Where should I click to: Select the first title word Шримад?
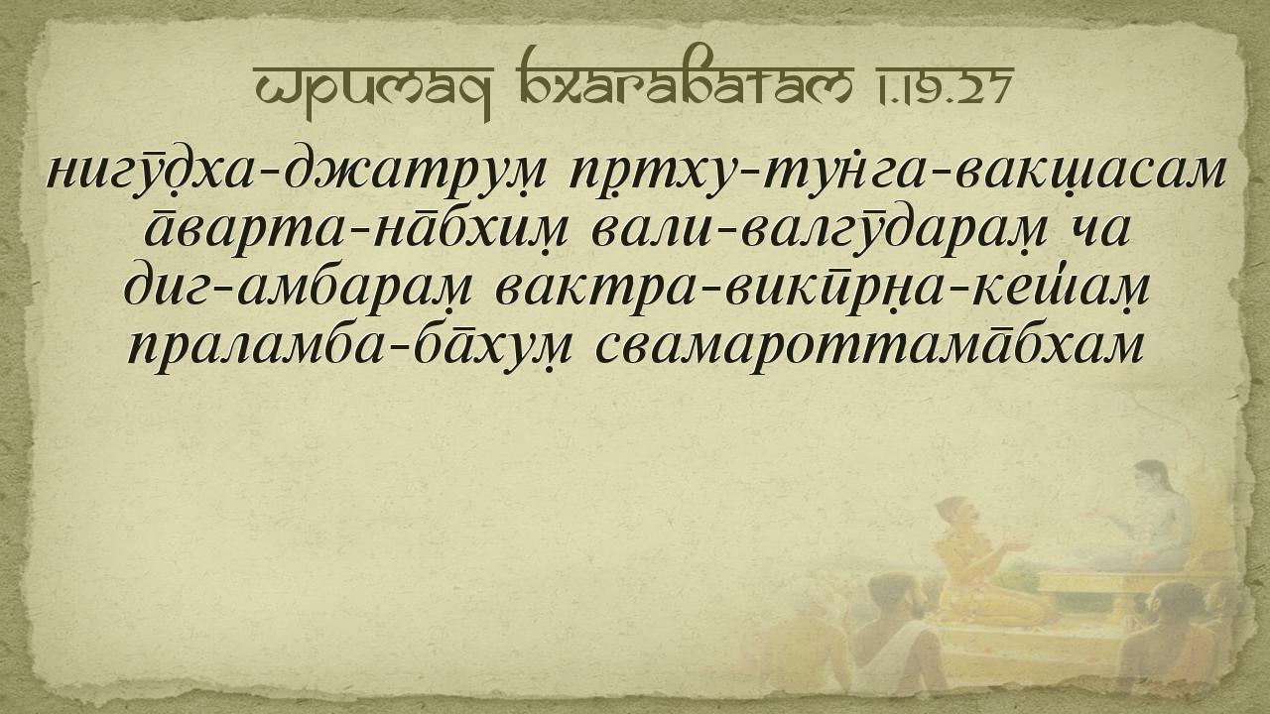pos(373,89)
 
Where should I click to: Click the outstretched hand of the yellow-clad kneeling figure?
pos(1019,546)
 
